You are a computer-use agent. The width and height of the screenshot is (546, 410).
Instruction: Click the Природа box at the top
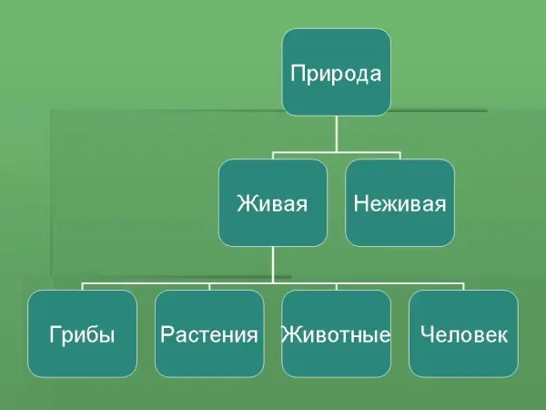[336, 72]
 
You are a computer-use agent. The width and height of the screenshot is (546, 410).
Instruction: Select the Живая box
[272, 202]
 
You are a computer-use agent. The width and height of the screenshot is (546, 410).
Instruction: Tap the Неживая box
[399, 202]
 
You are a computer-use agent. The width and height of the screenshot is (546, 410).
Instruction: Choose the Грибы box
[82, 333]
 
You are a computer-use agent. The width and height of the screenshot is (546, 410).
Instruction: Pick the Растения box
[209, 333]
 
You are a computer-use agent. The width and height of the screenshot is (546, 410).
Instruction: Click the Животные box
[336, 333]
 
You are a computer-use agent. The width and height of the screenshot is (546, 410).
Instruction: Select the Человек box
[463, 333]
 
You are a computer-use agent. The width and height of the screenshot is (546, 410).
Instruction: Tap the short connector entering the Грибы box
[82, 285]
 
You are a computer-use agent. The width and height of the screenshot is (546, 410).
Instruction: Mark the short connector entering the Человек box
[463, 285]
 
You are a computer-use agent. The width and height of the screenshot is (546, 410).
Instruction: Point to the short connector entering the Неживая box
[399, 154]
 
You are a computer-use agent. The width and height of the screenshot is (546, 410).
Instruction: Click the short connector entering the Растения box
[209, 285]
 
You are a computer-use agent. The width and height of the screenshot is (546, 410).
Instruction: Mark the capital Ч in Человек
[426, 334]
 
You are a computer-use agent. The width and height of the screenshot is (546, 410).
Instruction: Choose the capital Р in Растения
[166, 334]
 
